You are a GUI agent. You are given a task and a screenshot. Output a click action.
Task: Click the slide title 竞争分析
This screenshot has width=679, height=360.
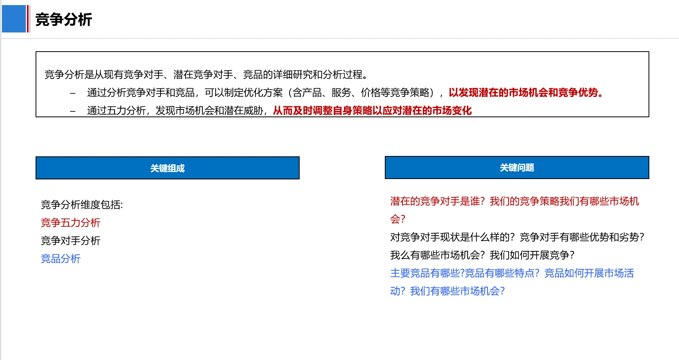(x=64, y=20)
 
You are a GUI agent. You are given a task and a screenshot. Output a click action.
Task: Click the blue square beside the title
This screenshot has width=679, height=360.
(x=14, y=19)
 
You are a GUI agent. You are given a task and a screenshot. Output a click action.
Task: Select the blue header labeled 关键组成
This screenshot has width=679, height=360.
(x=168, y=168)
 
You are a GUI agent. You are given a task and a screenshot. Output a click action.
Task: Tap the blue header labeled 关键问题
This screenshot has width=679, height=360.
(x=517, y=168)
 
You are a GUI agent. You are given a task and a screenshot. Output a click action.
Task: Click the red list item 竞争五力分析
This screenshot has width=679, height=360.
(x=71, y=223)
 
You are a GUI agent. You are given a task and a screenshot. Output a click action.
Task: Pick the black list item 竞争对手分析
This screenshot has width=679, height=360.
(x=71, y=241)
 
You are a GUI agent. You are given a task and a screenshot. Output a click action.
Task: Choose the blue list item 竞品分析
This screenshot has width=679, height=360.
(x=61, y=259)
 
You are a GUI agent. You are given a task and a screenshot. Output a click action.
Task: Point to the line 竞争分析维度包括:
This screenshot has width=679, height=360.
(x=82, y=205)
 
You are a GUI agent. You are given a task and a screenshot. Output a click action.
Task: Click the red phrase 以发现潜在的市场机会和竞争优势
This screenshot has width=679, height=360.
(x=524, y=93)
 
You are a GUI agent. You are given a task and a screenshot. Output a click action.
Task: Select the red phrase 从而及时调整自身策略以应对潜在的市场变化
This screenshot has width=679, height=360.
(x=372, y=111)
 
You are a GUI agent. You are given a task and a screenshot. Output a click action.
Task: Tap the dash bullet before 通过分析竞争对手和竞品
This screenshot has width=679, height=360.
(x=73, y=93)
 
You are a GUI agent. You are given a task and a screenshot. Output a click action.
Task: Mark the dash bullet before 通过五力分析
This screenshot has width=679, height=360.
(x=73, y=111)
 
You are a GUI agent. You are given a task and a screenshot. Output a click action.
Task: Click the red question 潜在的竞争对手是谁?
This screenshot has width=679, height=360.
(x=437, y=201)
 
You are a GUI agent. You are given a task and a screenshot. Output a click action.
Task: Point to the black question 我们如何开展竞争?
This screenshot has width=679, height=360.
(x=532, y=255)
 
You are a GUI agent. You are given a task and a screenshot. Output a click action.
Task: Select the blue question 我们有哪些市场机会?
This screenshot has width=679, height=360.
(x=457, y=291)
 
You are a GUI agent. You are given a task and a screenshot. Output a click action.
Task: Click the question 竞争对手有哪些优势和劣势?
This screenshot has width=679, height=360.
(x=582, y=237)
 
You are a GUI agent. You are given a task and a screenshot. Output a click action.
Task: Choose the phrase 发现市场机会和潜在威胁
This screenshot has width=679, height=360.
(x=209, y=111)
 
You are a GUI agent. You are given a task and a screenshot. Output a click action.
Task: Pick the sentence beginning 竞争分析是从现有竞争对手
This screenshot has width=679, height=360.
(x=206, y=74)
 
